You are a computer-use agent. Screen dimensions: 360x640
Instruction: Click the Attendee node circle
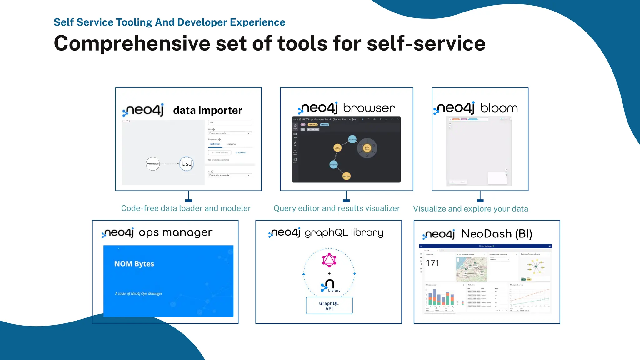point(153,164)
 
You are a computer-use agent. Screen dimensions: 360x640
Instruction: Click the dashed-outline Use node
point(187,164)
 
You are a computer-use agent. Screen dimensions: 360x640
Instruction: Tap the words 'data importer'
point(207,110)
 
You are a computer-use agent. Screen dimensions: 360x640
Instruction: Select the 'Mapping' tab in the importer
point(231,144)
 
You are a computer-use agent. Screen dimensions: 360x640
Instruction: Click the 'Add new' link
point(241,152)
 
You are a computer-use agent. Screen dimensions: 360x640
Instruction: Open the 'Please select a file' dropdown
point(230,133)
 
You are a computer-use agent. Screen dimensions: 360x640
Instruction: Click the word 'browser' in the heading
point(369,108)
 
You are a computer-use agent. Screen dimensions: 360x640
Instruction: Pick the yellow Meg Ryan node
point(347,176)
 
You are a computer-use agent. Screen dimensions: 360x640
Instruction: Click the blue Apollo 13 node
point(352,139)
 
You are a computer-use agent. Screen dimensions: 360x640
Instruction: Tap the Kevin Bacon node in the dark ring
point(367,148)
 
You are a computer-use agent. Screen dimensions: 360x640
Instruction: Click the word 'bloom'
point(499,108)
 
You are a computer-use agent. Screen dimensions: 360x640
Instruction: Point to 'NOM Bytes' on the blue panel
point(134,264)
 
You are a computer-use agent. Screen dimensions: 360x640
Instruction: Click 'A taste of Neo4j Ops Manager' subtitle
point(139,294)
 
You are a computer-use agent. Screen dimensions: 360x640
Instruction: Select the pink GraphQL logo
point(329,260)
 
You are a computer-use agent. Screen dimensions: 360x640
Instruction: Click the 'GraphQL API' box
point(329,306)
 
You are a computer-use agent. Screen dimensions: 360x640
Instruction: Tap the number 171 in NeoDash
point(432,263)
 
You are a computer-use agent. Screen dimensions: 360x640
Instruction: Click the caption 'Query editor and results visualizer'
point(337,208)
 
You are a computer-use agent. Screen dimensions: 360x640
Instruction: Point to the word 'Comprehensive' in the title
point(132,43)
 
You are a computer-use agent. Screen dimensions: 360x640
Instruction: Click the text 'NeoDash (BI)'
point(497,234)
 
